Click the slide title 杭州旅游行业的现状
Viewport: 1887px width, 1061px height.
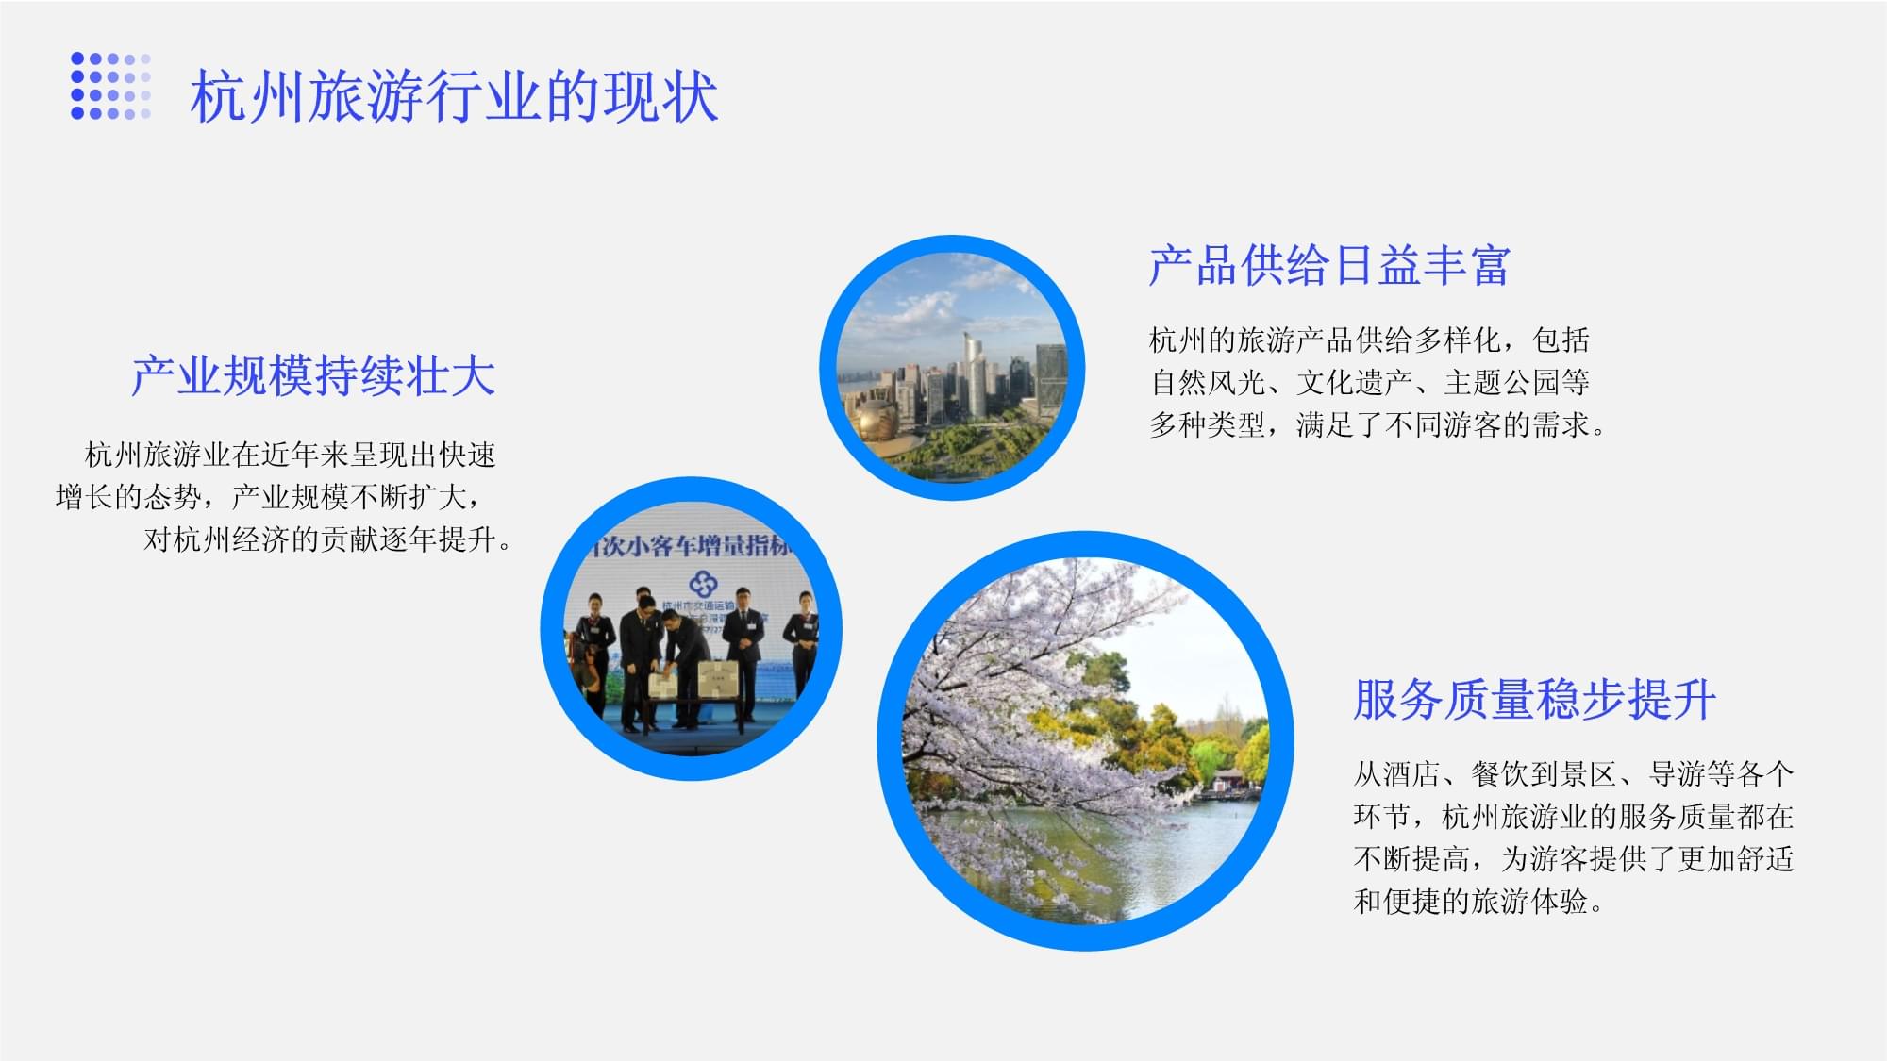(454, 96)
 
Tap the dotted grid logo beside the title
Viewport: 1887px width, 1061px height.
(110, 86)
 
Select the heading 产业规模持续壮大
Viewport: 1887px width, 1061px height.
(312, 375)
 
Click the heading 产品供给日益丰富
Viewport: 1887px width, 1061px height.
(1328, 265)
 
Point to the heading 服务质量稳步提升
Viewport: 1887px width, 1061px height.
(1533, 700)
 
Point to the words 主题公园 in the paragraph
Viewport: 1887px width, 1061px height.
(1500, 383)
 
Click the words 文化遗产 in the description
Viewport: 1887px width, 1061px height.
(1353, 383)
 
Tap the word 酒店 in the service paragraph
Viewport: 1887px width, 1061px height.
(1411, 774)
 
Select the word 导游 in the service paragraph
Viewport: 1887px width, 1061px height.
(1677, 774)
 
